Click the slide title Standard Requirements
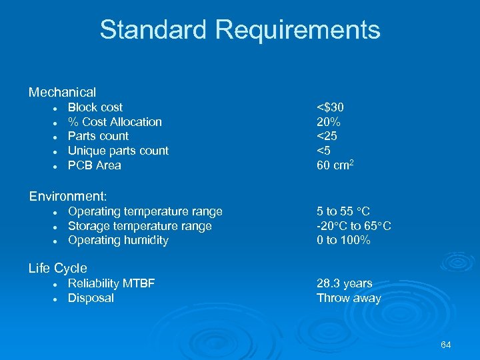click(x=240, y=30)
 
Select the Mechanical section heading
click(x=62, y=92)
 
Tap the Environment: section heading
click(x=68, y=196)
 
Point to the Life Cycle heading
click(x=57, y=268)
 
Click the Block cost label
click(x=95, y=107)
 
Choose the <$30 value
click(x=330, y=107)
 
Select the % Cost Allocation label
click(x=115, y=122)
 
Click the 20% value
click(x=329, y=122)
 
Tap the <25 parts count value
click(x=327, y=136)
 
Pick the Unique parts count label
click(x=118, y=151)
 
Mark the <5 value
click(x=324, y=151)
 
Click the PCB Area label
click(x=95, y=165)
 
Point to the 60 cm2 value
click(x=335, y=165)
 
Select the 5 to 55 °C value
click(x=343, y=211)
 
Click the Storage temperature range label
click(x=140, y=226)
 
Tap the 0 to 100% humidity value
click(x=343, y=240)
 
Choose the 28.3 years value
click(x=345, y=283)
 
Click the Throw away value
click(x=349, y=298)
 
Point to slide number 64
click(x=446, y=345)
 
